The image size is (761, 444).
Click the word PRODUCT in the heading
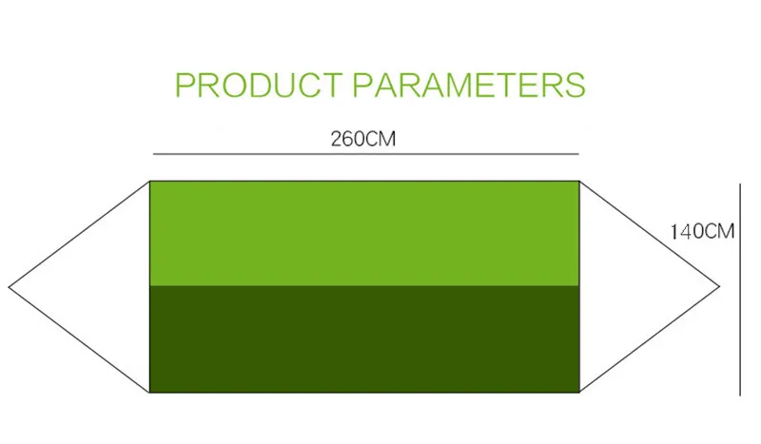[259, 85]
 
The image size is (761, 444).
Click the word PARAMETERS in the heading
[469, 85]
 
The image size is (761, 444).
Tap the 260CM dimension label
[363, 139]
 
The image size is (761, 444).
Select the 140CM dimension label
[702, 231]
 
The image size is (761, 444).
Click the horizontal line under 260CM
[366, 154]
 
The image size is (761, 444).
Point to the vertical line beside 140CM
[740, 290]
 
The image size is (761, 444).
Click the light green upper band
[364, 233]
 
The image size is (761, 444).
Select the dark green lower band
[364, 338]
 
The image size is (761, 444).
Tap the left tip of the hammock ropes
[9, 287]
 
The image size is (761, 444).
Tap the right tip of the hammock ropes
[719, 287]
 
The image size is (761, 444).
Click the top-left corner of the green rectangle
[150, 182]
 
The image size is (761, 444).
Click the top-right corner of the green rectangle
[579, 182]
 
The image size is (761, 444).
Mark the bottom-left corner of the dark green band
[150, 392]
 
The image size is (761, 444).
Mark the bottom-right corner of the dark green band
[579, 392]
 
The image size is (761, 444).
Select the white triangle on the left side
[103, 287]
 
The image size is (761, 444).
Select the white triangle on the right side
[626, 287]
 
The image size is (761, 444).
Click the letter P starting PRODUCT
[185, 85]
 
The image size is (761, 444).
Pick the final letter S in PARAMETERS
[576, 85]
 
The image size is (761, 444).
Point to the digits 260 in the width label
[347, 139]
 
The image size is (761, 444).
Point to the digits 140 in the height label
[686, 231]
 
